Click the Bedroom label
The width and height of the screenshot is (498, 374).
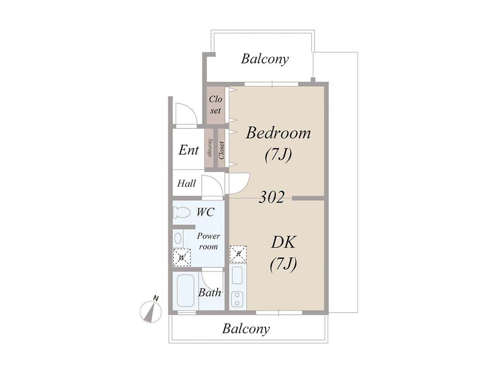click(278, 133)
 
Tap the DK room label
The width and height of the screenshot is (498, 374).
click(283, 242)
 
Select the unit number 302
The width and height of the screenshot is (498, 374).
click(271, 197)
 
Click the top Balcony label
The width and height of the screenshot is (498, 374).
click(265, 59)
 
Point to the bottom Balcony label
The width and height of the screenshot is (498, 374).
click(246, 329)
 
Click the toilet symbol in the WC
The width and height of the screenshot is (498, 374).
click(181, 212)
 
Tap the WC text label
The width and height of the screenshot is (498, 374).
click(206, 212)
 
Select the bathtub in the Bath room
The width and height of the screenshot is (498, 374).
click(185, 291)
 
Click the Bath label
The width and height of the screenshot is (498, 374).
click(210, 292)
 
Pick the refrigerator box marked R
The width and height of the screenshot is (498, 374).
click(238, 254)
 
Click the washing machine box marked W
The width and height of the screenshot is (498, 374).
click(182, 258)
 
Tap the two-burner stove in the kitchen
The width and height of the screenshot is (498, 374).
click(237, 299)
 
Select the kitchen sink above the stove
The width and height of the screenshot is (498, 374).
click(237, 275)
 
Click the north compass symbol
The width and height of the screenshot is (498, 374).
click(149, 310)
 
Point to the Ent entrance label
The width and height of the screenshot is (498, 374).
click(189, 150)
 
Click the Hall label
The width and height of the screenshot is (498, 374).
click(186, 183)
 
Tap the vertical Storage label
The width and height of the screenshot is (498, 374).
click(210, 148)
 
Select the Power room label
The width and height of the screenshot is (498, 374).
click(208, 241)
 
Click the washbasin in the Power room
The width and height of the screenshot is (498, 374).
click(178, 238)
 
